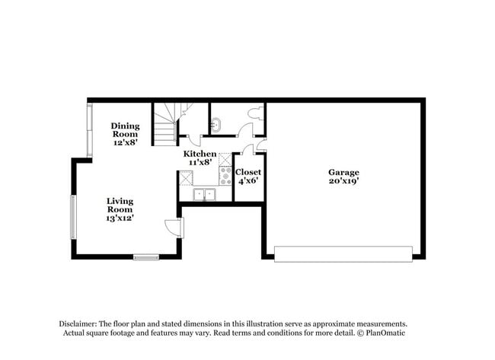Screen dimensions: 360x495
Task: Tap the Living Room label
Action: coord(120,205)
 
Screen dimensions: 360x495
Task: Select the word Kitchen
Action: coord(199,154)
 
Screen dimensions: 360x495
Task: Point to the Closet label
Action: coord(248,173)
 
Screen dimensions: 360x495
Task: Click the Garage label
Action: coord(343,173)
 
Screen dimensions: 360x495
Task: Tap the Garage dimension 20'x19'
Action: coord(343,182)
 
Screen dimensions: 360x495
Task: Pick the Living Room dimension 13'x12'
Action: coord(120,218)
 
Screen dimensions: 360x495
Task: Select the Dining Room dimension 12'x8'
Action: coord(125,142)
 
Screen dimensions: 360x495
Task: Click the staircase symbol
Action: coord(164,125)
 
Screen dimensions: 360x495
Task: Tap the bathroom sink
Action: coord(216,123)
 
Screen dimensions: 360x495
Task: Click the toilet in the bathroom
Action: coord(254,113)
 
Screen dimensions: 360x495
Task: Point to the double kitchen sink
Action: coord(204,194)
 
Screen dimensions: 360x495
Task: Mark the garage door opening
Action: coord(344,253)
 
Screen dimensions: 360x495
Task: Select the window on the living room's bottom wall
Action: coord(146,256)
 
